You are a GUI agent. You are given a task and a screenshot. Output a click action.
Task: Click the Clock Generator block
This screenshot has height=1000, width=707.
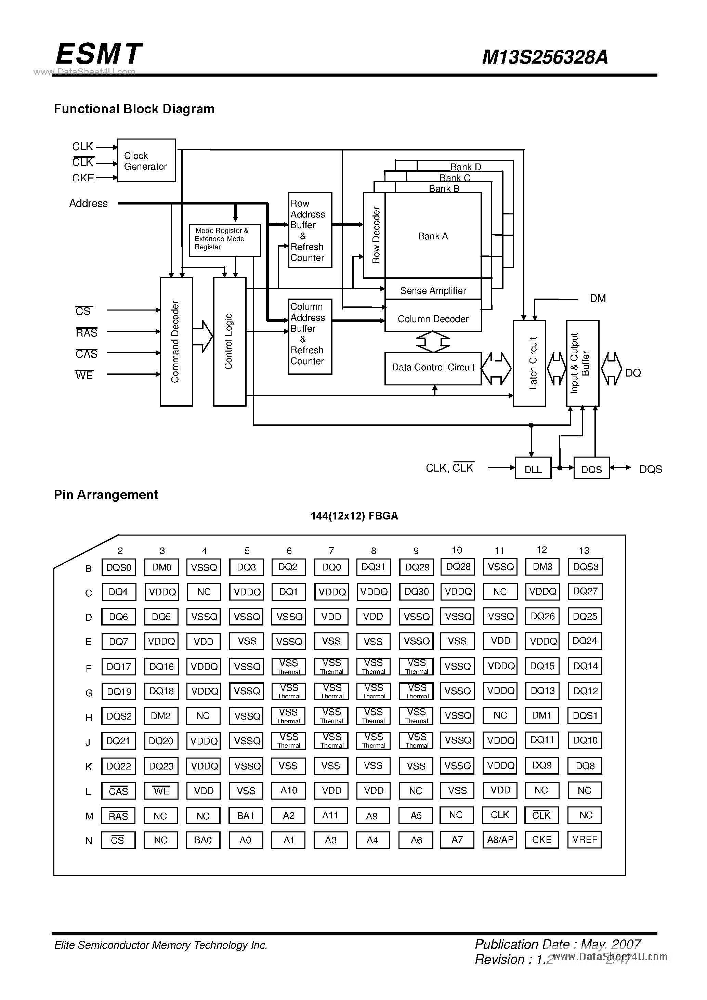(x=146, y=161)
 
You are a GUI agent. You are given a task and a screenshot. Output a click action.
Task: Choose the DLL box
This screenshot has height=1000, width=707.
(x=533, y=469)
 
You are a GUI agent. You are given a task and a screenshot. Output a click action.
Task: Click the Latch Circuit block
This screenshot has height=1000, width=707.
(x=529, y=363)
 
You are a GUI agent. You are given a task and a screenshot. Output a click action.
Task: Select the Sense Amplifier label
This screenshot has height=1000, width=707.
(x=433, y=290)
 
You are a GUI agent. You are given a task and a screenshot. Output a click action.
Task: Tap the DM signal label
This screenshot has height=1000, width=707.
(x=598, y=298)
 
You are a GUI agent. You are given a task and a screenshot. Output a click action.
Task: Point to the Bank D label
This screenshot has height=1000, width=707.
(x=465, y=167)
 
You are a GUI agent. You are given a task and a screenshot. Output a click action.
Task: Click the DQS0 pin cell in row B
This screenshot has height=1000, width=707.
(x=118, y=567)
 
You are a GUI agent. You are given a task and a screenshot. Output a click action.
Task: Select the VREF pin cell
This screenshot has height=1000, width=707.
(x=585, y=839)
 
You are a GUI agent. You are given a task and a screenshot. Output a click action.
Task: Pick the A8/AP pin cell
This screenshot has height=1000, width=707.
(x=500, y=839)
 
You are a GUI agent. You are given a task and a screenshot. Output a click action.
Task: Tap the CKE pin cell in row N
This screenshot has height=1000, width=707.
(x=542, y=839)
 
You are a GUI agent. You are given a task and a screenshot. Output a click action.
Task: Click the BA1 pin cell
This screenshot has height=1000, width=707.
(x=246, y=815)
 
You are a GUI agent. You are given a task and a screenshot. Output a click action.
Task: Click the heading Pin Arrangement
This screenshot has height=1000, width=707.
(x=106, y=495)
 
